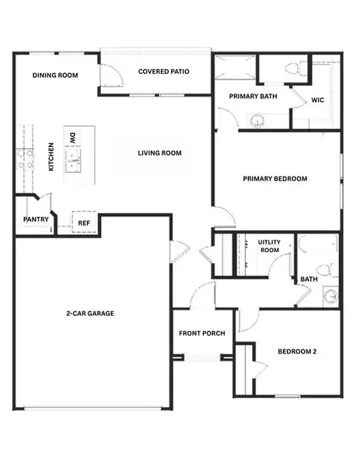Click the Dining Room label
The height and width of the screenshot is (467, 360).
pyautogui.click(x=55, y=75)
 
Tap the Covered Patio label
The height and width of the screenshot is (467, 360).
pyautogui.click(x=164, y=72)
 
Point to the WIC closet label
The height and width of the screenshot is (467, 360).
pyautogui.click(x=317, y=100)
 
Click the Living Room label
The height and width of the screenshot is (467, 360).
pyautogui.click(x=160, y=153)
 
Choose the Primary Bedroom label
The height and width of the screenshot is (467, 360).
pyautogui.click(x=274, y=179)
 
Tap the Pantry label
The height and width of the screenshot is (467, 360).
pyautogui.click(x=36, y=219)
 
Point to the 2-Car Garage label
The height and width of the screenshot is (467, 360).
pyautogui.click(x=90, y=313)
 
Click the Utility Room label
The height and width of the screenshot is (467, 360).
pyautogui.click(x=268, y=246)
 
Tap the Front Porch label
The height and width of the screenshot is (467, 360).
pyautogui.click(x=201, y=333)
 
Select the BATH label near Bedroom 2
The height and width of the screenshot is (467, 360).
pyautogui.click(x=309, y=279)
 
